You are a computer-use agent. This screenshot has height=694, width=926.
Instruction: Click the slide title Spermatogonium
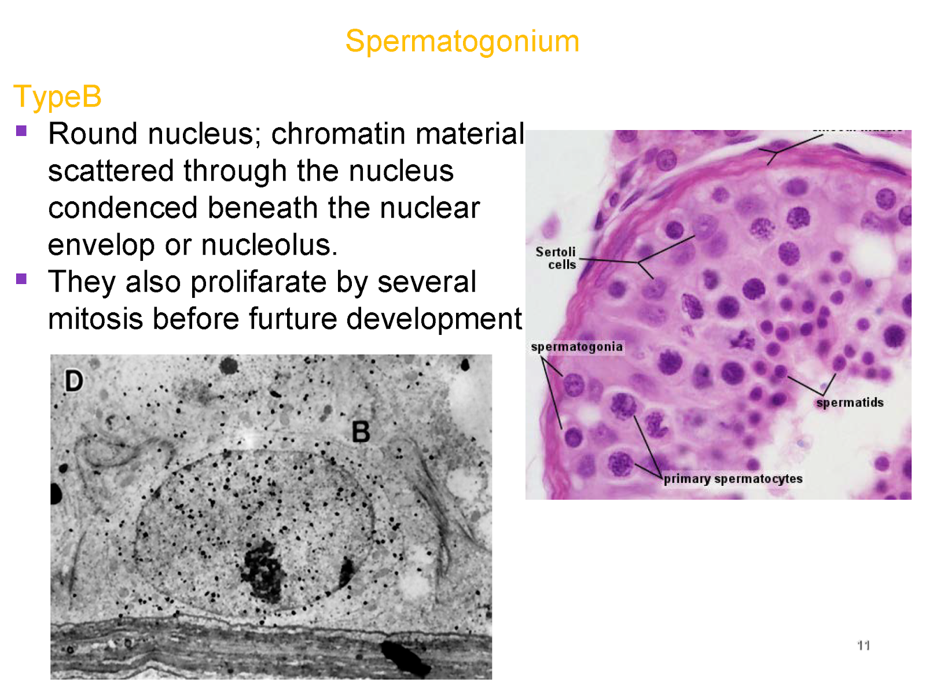462,42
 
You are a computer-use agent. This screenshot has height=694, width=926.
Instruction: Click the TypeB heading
57,97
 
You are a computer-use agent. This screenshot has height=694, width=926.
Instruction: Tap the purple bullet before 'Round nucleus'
21,131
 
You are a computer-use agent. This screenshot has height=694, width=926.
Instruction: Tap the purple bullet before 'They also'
21,279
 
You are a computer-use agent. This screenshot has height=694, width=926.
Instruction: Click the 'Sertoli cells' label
556,258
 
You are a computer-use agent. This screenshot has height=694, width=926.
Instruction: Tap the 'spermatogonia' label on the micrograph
576,347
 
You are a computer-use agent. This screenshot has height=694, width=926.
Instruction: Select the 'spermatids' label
850,403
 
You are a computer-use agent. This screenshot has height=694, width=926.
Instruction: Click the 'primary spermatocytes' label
733,479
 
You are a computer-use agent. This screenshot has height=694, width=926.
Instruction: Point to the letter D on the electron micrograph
74,381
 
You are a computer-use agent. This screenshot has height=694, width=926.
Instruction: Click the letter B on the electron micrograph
361,432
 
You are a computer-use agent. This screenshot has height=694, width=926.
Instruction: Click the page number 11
863,645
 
